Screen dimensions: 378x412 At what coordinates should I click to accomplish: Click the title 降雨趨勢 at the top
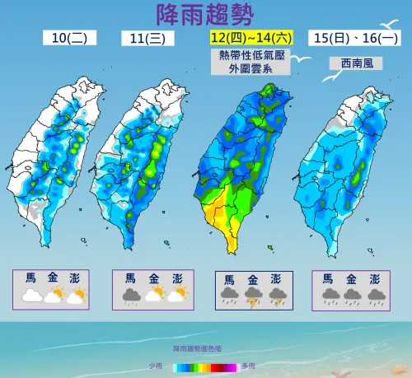click(205, 14)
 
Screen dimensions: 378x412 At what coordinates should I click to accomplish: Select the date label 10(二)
click(71, 38)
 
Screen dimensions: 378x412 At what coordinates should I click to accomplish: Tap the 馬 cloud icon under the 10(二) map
click(32, 295)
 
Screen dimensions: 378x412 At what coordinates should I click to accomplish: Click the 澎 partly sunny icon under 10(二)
click(77, 295)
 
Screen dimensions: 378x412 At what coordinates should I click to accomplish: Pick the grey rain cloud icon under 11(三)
click(131, 295)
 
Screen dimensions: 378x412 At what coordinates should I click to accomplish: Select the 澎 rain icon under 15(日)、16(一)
click(377, 295)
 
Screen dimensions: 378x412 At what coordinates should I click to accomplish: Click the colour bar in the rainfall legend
click(202, 365)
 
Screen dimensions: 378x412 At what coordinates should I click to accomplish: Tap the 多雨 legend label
click(249, 365)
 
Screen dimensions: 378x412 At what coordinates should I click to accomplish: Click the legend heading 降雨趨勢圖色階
click(202, 351)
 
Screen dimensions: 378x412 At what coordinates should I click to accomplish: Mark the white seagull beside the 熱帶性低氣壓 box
click(306, 59)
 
